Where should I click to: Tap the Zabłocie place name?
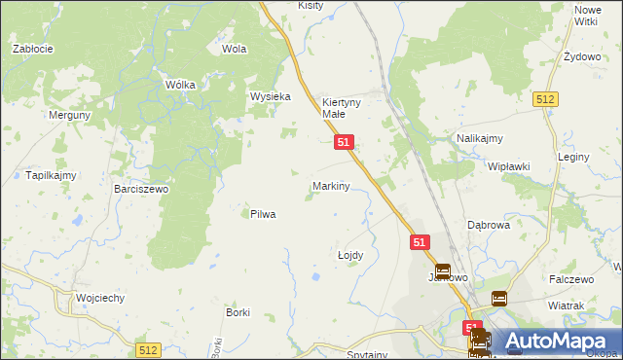[32, 48]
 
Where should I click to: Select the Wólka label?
[180, 85]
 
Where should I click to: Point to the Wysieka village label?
[271, 96]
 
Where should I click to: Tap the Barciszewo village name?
[141, 190]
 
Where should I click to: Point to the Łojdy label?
[349, 255]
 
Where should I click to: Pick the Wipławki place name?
[508, 166]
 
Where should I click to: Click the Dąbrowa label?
[489, 224]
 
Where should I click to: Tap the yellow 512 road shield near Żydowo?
[545, 99]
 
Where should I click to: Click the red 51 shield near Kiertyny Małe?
[343, 142]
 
